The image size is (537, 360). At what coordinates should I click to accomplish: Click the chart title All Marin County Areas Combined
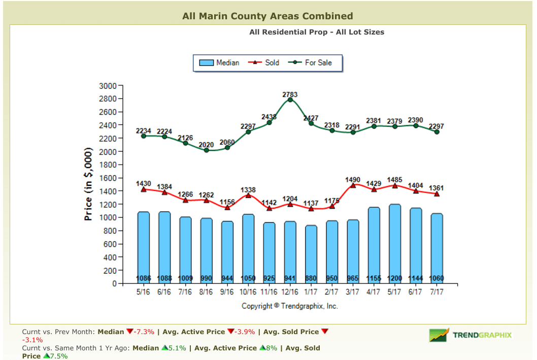tap(267, 16)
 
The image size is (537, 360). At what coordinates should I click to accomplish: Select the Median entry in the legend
tap(219, 62)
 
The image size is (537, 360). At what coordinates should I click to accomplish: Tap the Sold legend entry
tap(264, 62)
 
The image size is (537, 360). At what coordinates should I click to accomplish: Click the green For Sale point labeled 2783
tap(290, 100)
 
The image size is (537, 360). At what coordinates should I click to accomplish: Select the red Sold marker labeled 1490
tap(353, 185)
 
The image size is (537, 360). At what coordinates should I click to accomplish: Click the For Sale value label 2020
tap(206, 144)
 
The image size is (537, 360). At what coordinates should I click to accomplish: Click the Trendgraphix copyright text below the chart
tap(290, 306)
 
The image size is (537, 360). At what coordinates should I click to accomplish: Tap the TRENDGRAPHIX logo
tap(471, 335)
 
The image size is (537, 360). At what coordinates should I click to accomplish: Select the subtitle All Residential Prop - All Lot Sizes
tap(317, 32)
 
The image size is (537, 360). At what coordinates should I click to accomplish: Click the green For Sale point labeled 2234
tap(144, 136)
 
